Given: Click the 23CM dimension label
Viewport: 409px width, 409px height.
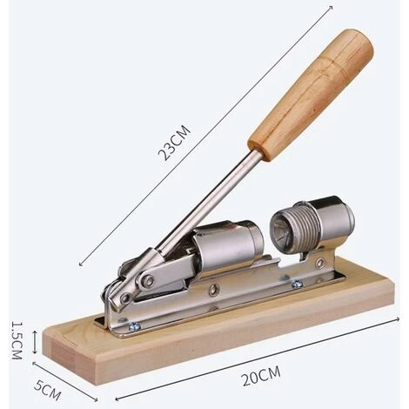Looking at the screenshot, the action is click(x=174, y=143).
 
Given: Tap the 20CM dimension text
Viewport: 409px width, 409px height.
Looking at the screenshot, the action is click(x=261, y=376).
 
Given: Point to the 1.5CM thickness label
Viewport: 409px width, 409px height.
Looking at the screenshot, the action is click(x=17, y=340).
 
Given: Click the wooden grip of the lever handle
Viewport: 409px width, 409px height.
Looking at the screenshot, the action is click(x=311, y=94).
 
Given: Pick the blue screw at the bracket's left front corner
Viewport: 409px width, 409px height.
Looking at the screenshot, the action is click(x=134, y=326).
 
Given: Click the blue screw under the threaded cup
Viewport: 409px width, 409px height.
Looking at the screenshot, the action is click(x=296, y=284).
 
